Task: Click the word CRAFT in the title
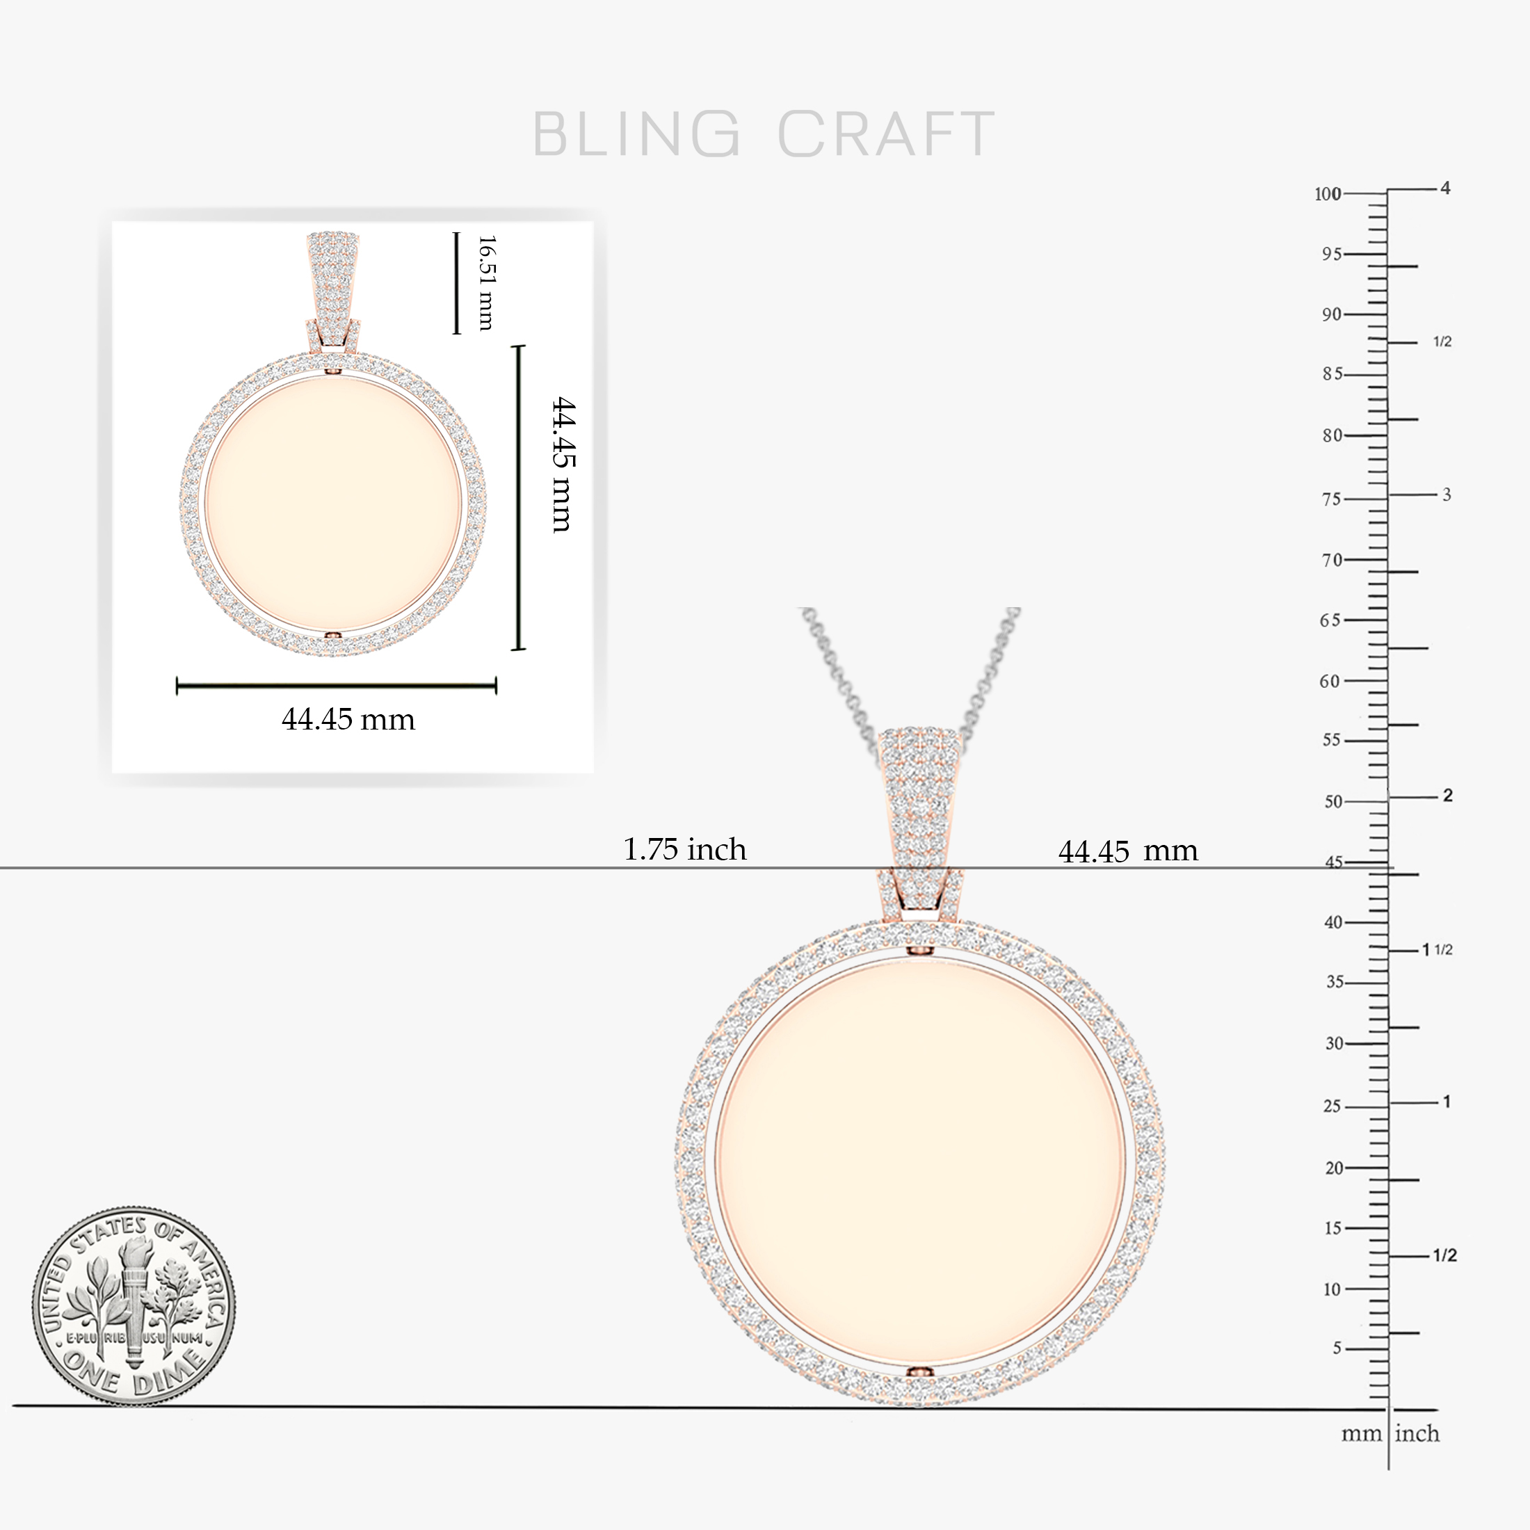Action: click(885, 133)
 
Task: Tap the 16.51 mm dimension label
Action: click(486, 283)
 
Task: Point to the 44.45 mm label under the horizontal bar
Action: click(348, 719)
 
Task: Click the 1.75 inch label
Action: click(685, 849)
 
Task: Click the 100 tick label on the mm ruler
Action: click(1328, 194)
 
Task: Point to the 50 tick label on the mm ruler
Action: click(1334, 801)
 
